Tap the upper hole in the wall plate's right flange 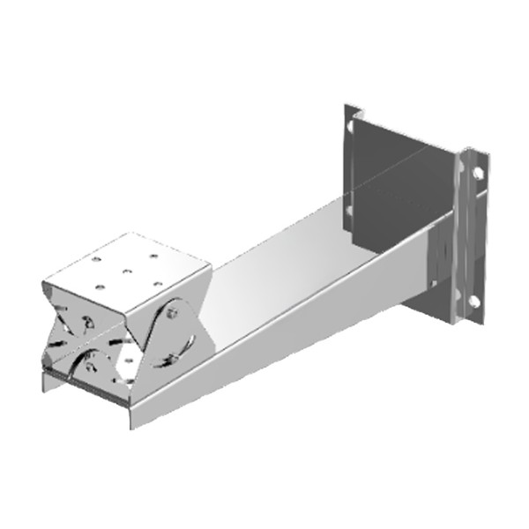point(477,174)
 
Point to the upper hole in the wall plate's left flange point(351,127)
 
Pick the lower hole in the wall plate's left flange point(350,211)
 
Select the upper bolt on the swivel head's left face point(86,321)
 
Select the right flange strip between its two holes point(474,238)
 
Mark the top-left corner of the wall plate point(345,106)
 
